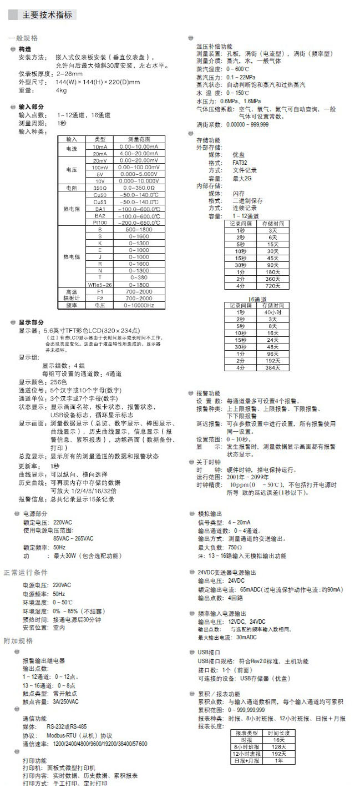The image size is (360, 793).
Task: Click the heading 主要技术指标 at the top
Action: pyautogui.click(x=47, y=15)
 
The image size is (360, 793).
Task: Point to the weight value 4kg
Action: pyautogui.click(x=61, y=90)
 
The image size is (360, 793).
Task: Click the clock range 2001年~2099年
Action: pyautogui.click(x=247, y=477)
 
